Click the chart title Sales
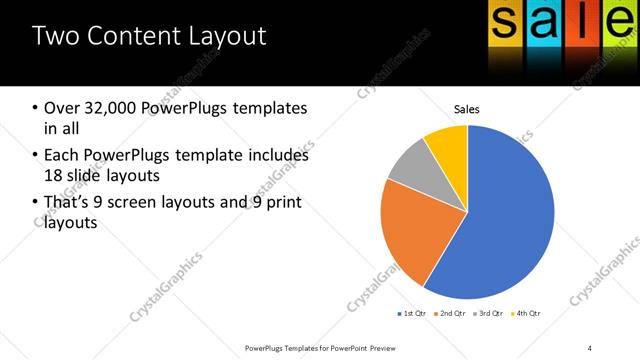[467, 108]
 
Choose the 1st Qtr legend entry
[412, 314]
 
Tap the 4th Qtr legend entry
[527, 314]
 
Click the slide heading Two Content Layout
[149, 37]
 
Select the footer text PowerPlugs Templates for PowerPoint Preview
[321, 347]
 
